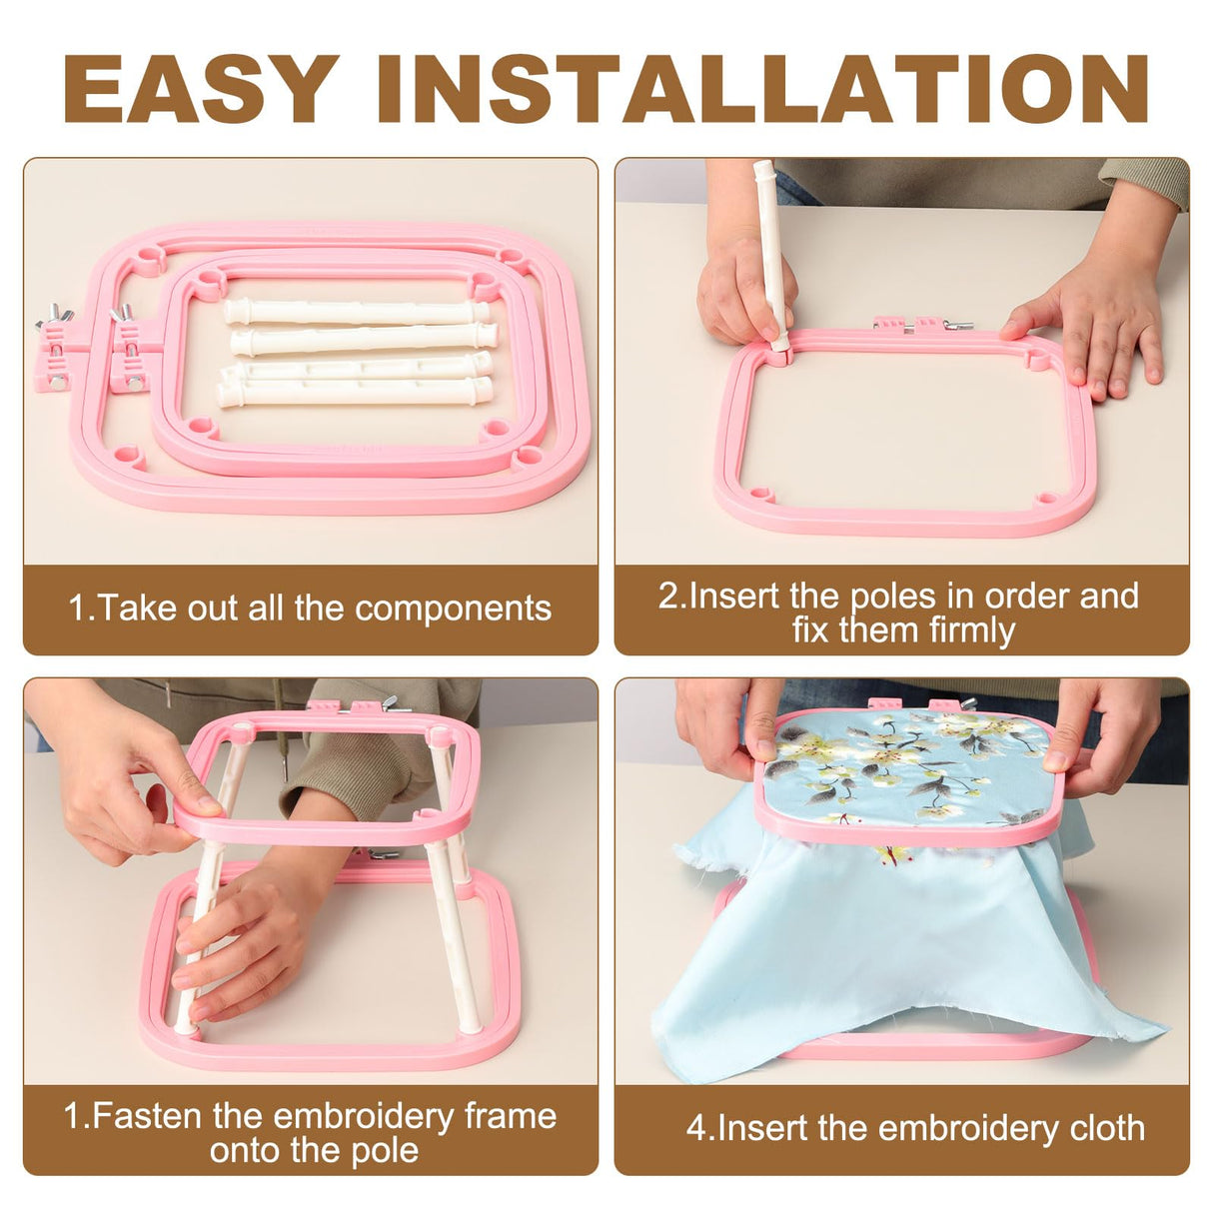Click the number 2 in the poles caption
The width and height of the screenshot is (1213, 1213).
tap(667, 597)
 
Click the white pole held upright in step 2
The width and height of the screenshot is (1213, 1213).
tap(769, 250)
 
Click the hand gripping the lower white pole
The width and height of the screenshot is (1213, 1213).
tap(240, 934)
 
